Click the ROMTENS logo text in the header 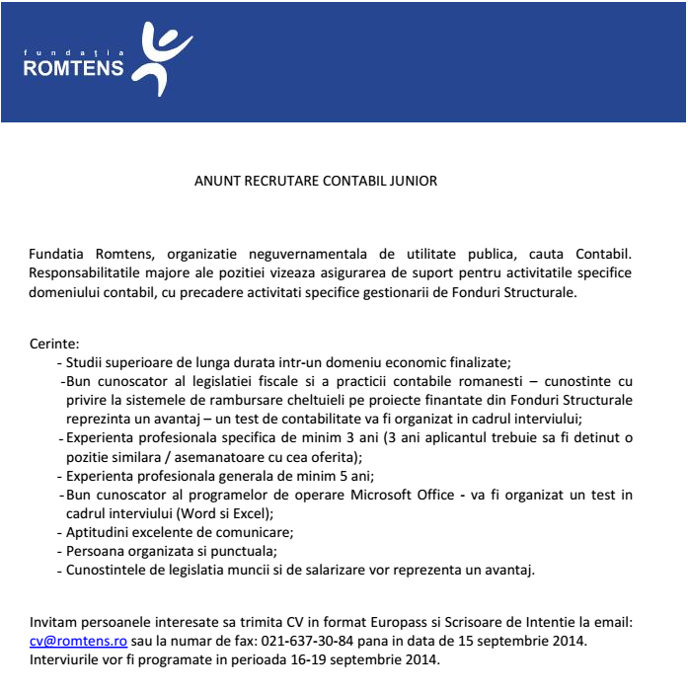(x=73, y=68)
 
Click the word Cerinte (x=55, y=345)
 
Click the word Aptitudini (x=100, y=532)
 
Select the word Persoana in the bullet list (x=96, y=551)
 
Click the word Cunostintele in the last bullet (x=107, y=570)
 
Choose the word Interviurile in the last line (x=68, y=658)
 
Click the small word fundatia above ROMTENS (x=73, y=50)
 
